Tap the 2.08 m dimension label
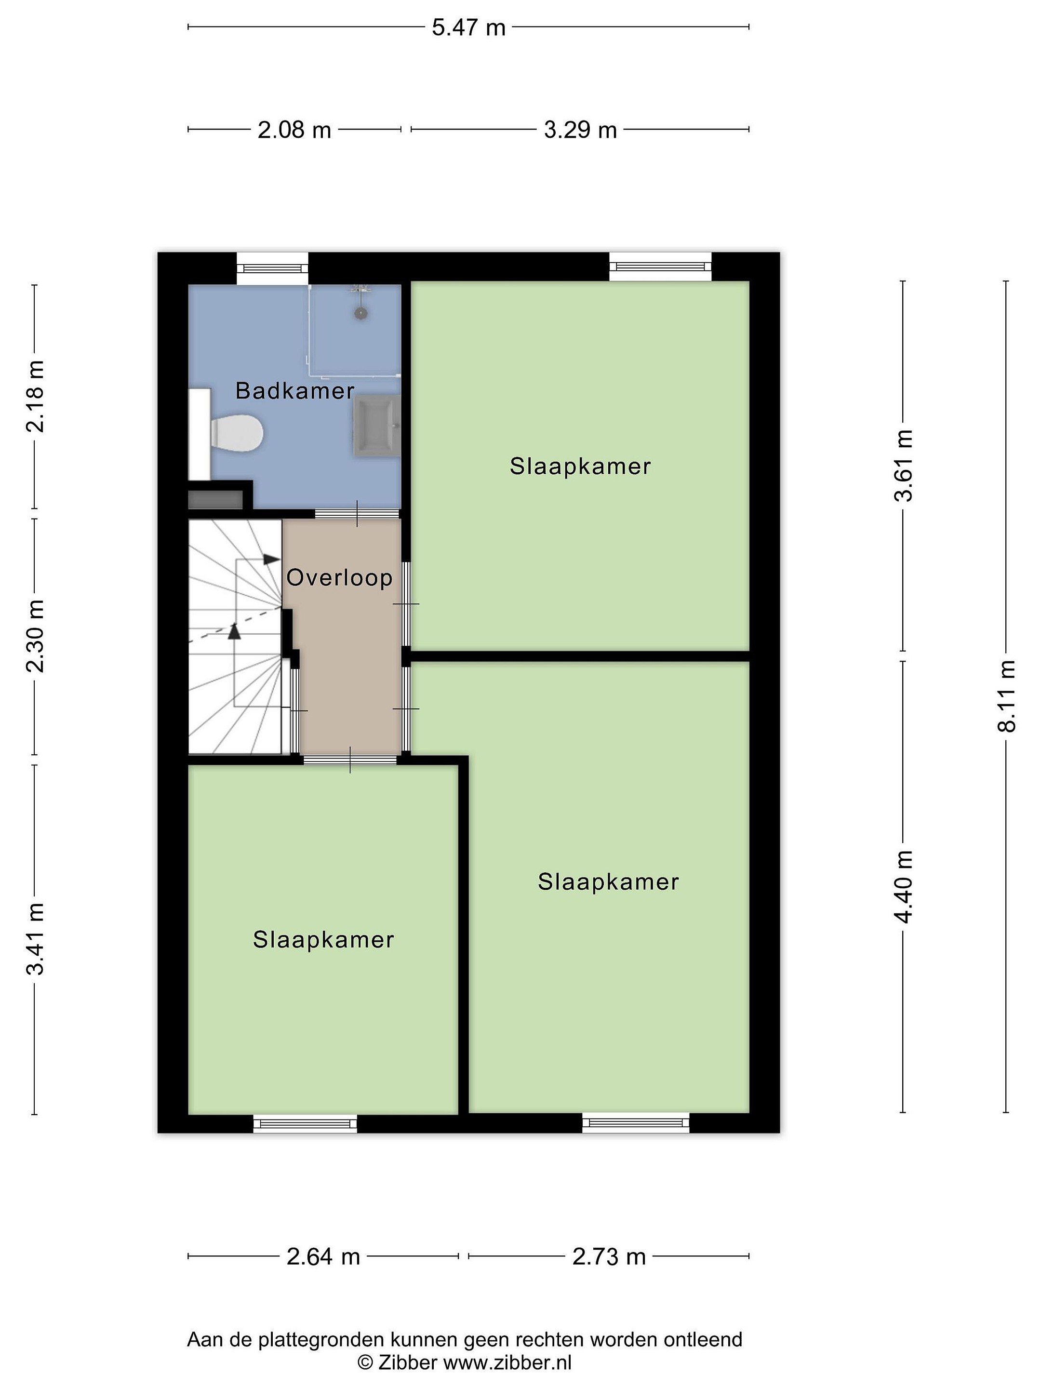294,130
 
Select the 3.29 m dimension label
580,130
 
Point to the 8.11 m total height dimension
1006,696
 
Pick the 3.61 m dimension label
904,466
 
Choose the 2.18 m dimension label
35,397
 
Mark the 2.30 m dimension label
35,636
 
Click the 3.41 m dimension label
35,939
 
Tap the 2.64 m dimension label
323,1256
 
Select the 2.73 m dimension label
609,1256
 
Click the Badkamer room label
295,391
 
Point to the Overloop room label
339,577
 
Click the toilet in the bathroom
236,432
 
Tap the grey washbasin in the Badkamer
376,426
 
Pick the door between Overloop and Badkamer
357,513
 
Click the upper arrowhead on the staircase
272,559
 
